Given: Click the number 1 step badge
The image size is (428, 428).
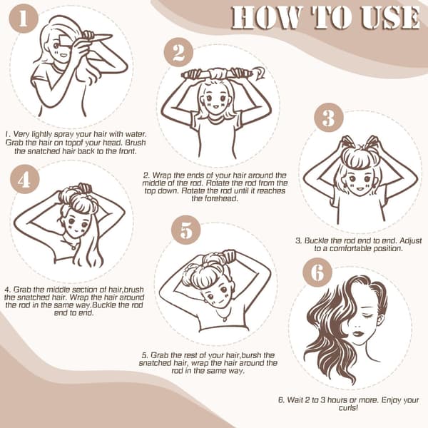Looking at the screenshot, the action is [x=24, y=19].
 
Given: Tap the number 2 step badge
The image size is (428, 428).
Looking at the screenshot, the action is [x=178, y=52].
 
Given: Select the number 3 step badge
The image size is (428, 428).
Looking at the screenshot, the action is [x=328, y=118].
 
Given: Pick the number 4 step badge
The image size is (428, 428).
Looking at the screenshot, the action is [x=24, y=179].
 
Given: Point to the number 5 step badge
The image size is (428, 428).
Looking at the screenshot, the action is [x=186, y=230].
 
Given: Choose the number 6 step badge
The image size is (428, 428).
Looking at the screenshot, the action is [x=317, y=272].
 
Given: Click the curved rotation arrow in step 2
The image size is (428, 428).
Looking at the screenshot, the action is [x=260, y=72].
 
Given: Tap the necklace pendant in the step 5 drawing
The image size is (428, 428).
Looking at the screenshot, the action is [x=225, y=319].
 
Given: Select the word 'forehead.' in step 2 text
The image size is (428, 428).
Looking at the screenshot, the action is [x=215, y=198].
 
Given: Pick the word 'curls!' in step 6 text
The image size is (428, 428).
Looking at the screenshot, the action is [x=348, y=408].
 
